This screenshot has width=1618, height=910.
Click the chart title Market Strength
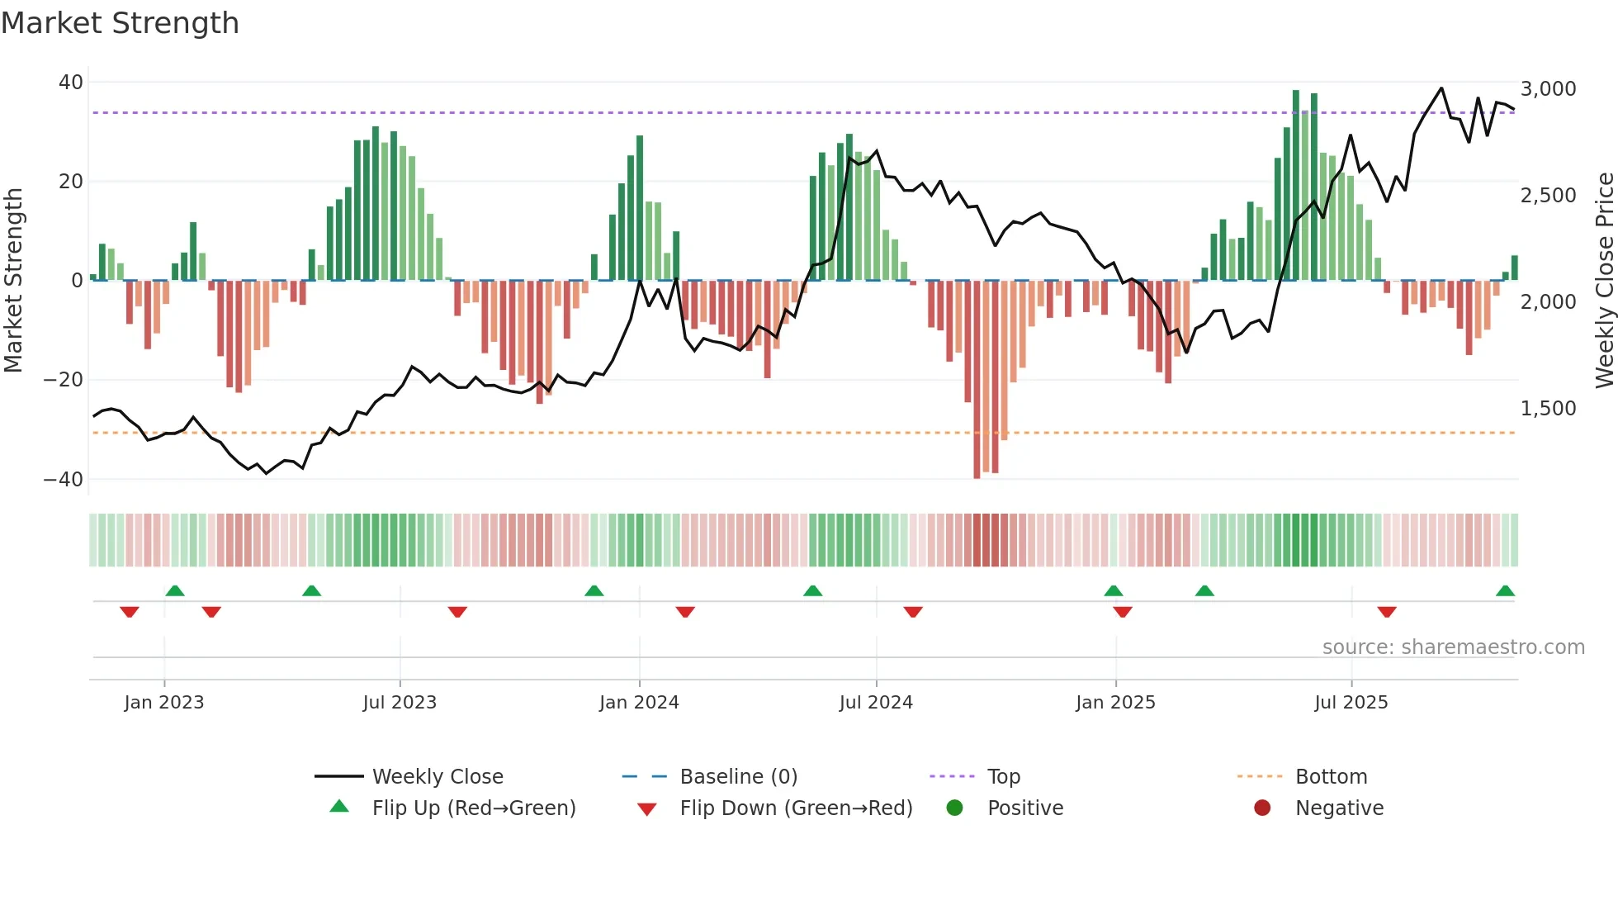coord(120,23)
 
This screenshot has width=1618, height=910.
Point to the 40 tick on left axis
coord(71,83)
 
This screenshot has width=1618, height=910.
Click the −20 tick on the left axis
coord(64,380)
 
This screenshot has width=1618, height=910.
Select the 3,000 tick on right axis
coord(1548,89)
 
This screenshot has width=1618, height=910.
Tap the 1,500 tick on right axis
coord(1548,409)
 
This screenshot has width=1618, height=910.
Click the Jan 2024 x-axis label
coord(639,703)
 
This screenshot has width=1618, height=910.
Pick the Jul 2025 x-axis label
coord(1351,703)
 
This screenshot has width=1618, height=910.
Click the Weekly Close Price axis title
coord(1604,281)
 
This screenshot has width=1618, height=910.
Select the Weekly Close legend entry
coord(437,777)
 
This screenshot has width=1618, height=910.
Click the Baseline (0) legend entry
coord(738,777)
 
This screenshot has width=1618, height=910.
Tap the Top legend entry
coord(1003,777)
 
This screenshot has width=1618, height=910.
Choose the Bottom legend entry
coord(1331,777)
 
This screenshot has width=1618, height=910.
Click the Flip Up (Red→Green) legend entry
coord(473,808)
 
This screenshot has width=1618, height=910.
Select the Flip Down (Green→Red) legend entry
coord(796,808)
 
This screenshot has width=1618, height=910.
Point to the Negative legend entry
coord(1338,808)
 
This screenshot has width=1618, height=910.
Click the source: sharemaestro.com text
coord(1453,647)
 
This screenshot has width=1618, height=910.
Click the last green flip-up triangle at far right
coord(1505,591)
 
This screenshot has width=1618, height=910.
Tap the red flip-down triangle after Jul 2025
coord(1387,612)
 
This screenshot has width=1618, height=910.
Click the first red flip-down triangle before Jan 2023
coord(130,612)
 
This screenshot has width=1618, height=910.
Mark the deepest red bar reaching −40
coord(977,380)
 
